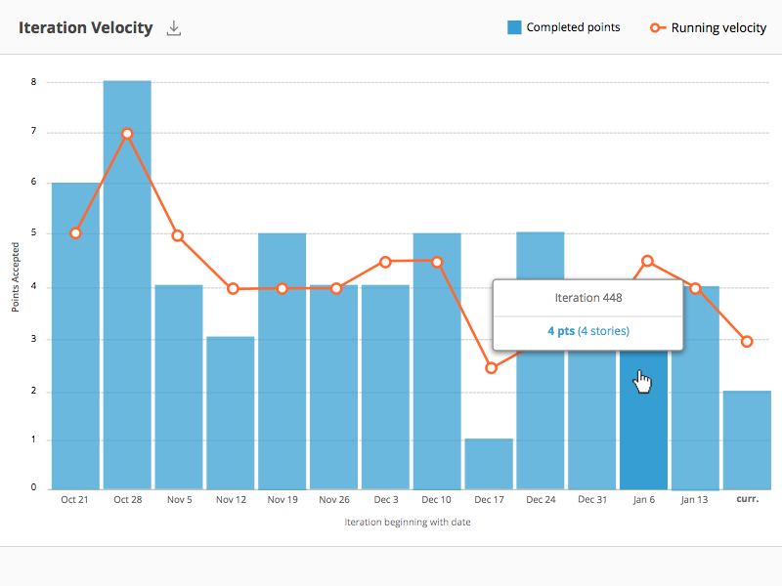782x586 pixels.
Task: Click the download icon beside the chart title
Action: coord(174,28)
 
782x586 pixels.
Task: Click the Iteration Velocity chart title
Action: coord(85,27)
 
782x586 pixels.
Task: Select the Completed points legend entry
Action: coord(564,27)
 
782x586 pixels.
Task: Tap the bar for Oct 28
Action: coord(127,293)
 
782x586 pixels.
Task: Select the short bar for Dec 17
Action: coord(489,464)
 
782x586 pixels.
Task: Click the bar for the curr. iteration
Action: coord(747,439)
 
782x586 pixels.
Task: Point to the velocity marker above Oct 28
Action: coord(127,134)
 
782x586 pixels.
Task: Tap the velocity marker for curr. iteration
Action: coord(747,342)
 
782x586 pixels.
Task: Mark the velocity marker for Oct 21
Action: coord(75,233)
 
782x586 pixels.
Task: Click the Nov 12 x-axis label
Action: coord(231,500)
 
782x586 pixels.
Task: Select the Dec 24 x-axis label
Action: coord(541,500)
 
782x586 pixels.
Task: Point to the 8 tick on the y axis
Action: coord(33,82)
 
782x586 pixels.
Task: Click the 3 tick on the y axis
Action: coord(33,339)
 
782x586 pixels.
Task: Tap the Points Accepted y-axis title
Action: coord(16,278)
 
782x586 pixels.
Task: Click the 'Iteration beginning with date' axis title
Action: coord(408,523)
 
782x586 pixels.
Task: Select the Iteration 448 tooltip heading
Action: coord(587,298)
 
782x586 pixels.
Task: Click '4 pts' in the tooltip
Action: coord(560,331)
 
